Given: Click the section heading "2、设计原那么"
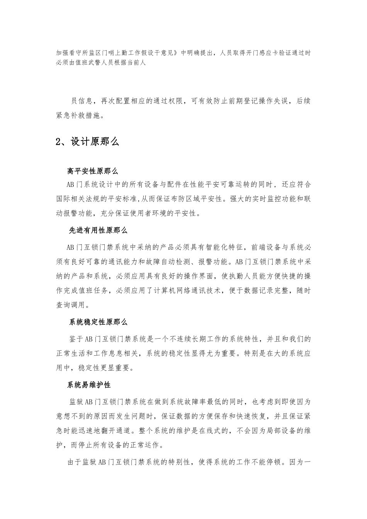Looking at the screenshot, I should [x=87, y=142].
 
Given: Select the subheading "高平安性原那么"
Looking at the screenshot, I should [x=92, y=171].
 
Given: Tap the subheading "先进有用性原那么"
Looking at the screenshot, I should [x=98, y=231].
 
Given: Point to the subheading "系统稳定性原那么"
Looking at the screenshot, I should [x=98, y=322].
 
